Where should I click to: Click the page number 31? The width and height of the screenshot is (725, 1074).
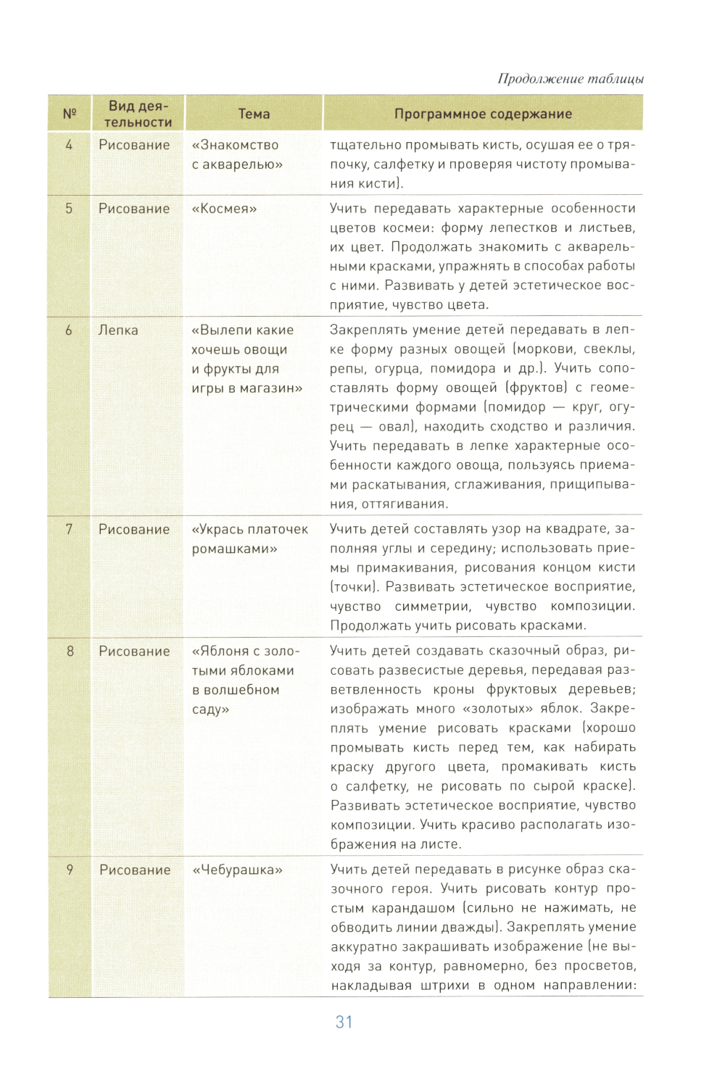[x=344, y=1022]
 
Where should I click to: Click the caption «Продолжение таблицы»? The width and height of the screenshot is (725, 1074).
[x=571, y=79]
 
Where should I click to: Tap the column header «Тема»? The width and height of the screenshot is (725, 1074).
[x=254, y=114]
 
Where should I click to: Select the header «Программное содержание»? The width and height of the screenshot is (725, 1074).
[x=483, y=114]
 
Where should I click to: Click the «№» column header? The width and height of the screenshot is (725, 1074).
[x=70, y=114]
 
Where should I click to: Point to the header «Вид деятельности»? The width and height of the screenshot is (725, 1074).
[x=138, y=114]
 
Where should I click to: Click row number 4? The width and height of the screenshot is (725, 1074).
[x=69, y=145]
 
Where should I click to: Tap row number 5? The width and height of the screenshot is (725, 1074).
[x=69, y=209]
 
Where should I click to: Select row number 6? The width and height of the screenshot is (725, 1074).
[x=69, y=330]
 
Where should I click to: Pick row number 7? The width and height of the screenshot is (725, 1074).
[x=69, y=530]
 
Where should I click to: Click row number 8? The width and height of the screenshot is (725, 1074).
[x=70, y=652]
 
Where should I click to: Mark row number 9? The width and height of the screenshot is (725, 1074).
[x=70, y=870]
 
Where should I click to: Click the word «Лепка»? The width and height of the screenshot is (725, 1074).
[x=118, y=330]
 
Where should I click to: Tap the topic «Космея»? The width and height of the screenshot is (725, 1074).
[x=224, y=209]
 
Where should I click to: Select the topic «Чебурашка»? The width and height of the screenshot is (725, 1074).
[x=237, y=870]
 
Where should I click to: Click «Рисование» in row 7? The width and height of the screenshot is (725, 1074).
[x=134, y=530]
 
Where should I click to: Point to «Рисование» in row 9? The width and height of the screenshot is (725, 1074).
[x=135, y=870]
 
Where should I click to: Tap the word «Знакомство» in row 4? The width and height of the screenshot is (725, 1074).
[x=239, y=145]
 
